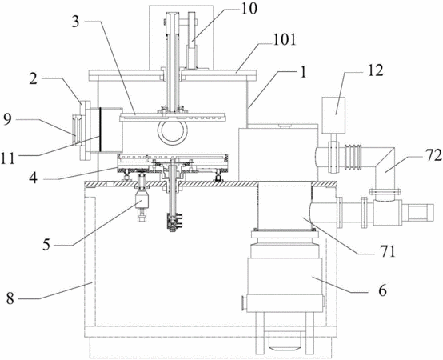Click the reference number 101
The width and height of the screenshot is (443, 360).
(284, 40)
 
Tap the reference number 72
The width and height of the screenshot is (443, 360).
(432, 156)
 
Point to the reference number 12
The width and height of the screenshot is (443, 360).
(374, 70)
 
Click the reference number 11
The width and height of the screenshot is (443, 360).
(8, 158)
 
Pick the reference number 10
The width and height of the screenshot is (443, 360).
(249, 9)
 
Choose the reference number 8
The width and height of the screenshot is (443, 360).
(10, 298)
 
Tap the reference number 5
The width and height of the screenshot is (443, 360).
(46, 245)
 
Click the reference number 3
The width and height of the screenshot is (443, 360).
(75, 22)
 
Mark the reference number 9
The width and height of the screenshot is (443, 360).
(8, 119)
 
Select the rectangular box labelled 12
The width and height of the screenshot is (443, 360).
(333, 115)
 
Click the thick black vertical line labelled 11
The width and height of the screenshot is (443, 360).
(100, 130)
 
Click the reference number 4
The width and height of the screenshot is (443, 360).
(34, 178)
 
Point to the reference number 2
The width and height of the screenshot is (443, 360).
(34, 79)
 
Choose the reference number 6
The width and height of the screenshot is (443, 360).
(382, 290)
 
